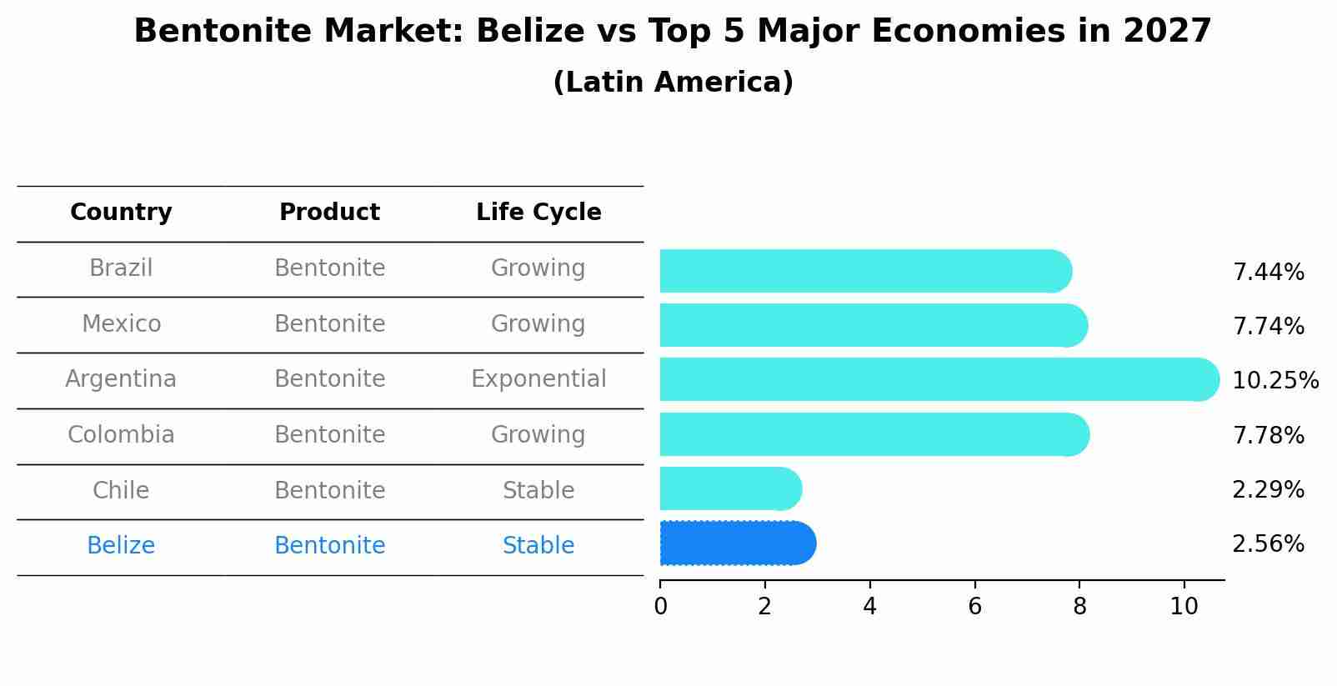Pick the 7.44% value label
pos(1268,273)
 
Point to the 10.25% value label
pos(1274,381)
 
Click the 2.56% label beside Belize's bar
pos(1268,544)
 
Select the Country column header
pos(121,213)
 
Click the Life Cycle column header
pos(538,213)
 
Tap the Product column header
pos(329,213)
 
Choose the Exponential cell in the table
pos(538,379)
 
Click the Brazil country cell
pos(121,268)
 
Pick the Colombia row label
pos(121,435)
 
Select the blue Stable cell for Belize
pos(538,546)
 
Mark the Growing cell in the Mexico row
pos(538,324)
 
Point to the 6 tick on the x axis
pos(974,606)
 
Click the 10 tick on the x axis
pos(1184,606)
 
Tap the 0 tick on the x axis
pos(660,606)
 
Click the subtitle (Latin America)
pos(673,83)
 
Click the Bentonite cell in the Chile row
pos(329,491)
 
